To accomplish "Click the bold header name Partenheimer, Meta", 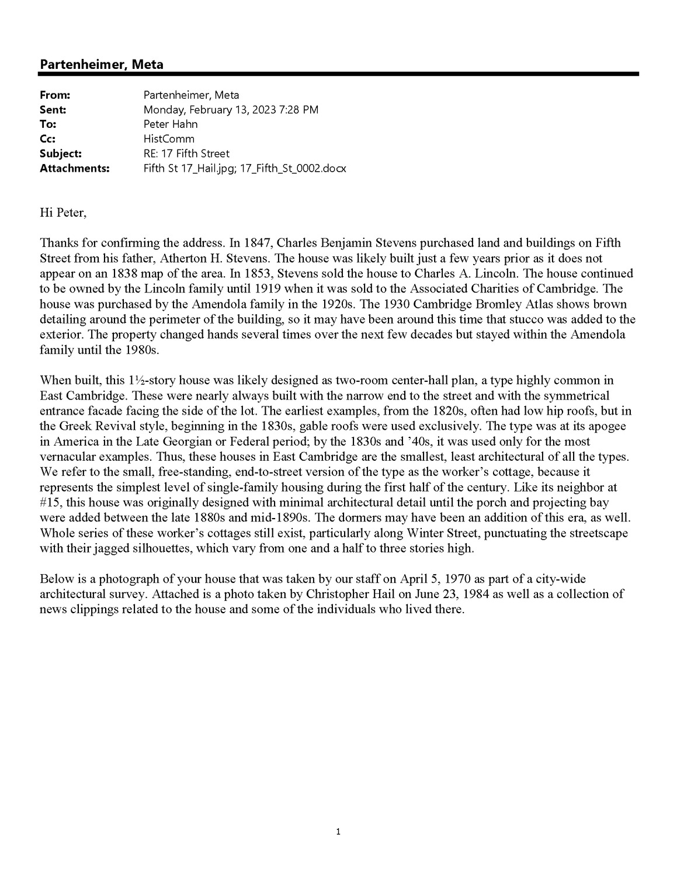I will point(101,64).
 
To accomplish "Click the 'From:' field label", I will point(55,95).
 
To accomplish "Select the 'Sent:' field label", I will point(53,110).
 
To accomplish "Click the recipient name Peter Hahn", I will point(171,124).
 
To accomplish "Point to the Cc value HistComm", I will point(169,139).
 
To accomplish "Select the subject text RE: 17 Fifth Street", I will point(186,154).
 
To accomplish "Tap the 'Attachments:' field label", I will point(75,169).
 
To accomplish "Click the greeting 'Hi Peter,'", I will point(63,213).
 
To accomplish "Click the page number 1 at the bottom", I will point(338,831).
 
